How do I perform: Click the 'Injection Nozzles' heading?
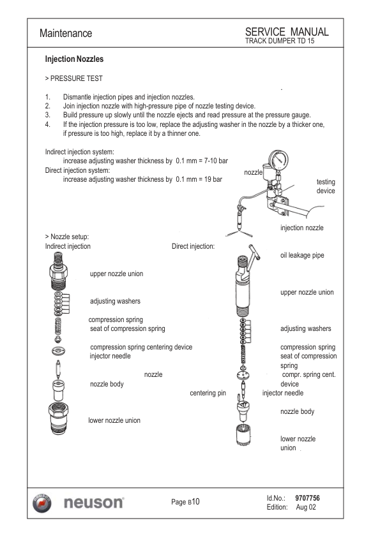[x=74, y=59]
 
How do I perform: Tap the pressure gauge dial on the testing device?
[x=278, y=159]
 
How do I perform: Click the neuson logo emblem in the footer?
[x=42, y=503]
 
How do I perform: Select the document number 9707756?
[x=307, y=498]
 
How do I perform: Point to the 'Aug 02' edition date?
[x=306, y=507]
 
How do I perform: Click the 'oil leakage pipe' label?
[x=302, y=256]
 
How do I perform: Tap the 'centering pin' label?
[x=208, y=393]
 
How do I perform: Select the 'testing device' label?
[x=326, y=186]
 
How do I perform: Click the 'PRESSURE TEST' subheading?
[x=77, y=78]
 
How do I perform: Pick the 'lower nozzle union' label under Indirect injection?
[x=114, y=420]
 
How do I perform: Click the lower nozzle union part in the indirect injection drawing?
[x=59, y=418]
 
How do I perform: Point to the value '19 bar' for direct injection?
[x=213, y=179]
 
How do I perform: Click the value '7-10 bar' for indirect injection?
[x=216, y=161]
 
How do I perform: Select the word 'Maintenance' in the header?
[x=66, y=33]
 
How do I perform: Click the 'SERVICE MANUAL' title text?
[x=287, y=32]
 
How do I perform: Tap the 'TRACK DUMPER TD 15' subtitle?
[x=280, y=41]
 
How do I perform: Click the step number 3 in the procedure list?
[x=47, y=115]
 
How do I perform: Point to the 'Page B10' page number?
[x=185, y=502]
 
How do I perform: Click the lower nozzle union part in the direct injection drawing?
[x=243, y=434]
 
